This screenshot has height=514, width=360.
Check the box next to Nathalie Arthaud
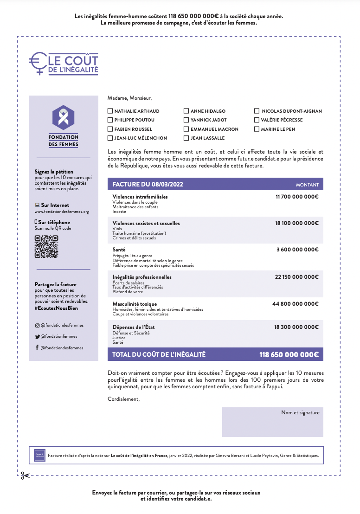click(110, 111)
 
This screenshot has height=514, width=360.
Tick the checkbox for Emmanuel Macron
click(186, 129)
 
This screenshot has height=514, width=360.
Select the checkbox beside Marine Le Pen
click(257, 129)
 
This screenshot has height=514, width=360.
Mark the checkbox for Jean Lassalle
click(186, 138)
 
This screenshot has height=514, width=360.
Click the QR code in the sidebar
click(46, 247)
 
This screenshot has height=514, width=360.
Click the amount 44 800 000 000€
click(296, 304)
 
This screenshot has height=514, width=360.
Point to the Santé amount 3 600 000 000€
click(297, 250)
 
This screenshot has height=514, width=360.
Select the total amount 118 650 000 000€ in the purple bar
click(289, 355)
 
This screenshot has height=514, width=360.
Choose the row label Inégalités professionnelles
click(142, 277)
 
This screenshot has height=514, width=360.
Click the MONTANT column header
click(307, 185)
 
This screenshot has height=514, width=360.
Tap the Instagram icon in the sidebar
click(38, 325)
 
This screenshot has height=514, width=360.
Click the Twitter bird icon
click(38, 336)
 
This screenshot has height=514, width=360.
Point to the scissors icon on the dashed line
click(25, 475)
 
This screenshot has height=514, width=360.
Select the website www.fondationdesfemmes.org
click(62, 212)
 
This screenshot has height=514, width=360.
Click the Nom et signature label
click(300, 412)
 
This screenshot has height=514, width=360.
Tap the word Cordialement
click(123, 399)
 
